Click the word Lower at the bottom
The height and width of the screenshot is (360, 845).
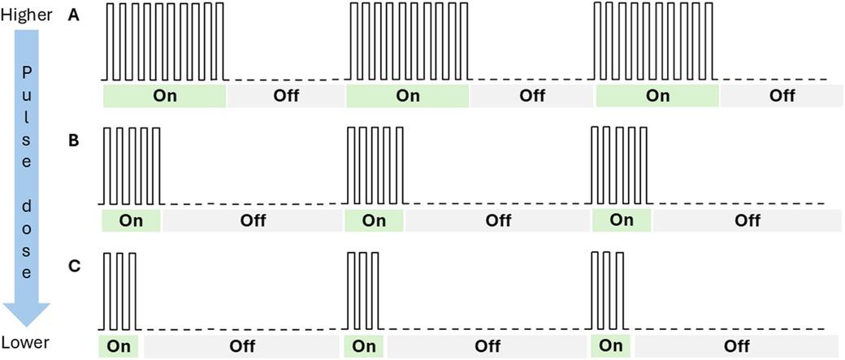[x=26, y=345]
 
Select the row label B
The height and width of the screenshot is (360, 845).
[x=74, y=141]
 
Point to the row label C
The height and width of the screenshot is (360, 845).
[x=74, y=265]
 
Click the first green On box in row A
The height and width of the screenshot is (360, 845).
[x=165, y=96]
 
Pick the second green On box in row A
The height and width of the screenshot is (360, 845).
[x=408, y=96]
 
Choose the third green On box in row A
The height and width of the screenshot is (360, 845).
[x=657, y=96]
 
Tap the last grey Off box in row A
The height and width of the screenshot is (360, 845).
[x=782, y=96]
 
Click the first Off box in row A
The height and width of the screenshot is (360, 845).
[x=286, y=96]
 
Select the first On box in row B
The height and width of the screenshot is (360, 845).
[x=131, y=220]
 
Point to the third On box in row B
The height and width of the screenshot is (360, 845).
[x=622, y=220]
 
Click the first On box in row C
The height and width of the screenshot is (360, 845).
[x=119, y=345]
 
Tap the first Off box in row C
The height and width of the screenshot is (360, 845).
[x=240, y=345]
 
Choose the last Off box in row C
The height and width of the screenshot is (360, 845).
[x=736, y=345]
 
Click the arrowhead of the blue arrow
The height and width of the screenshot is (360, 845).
[x=27, y=314]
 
